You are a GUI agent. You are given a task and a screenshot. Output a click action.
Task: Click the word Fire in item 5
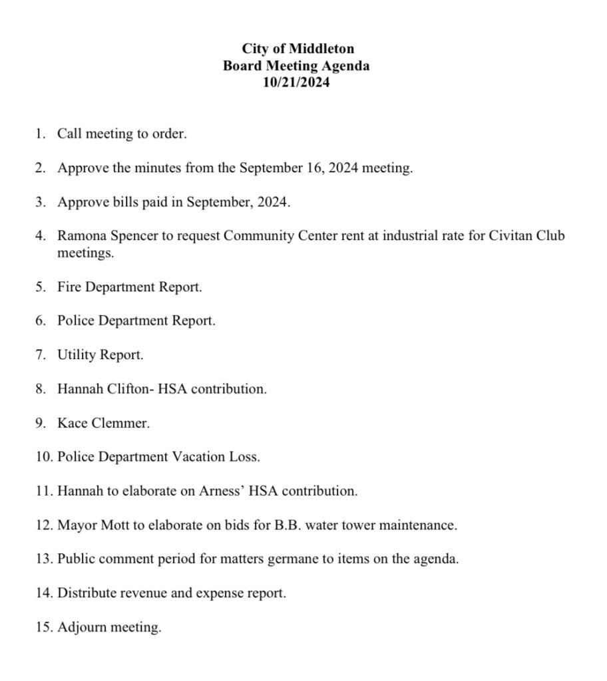(x=69, y=287)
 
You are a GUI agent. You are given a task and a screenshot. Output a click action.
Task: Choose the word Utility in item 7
(x=77, y=355)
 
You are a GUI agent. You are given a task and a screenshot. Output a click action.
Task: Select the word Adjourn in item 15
(x=82, y=627)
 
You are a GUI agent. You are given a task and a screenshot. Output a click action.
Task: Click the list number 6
(x=40, y=321)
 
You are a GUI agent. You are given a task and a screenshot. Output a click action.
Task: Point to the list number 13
(x=43, y=559)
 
